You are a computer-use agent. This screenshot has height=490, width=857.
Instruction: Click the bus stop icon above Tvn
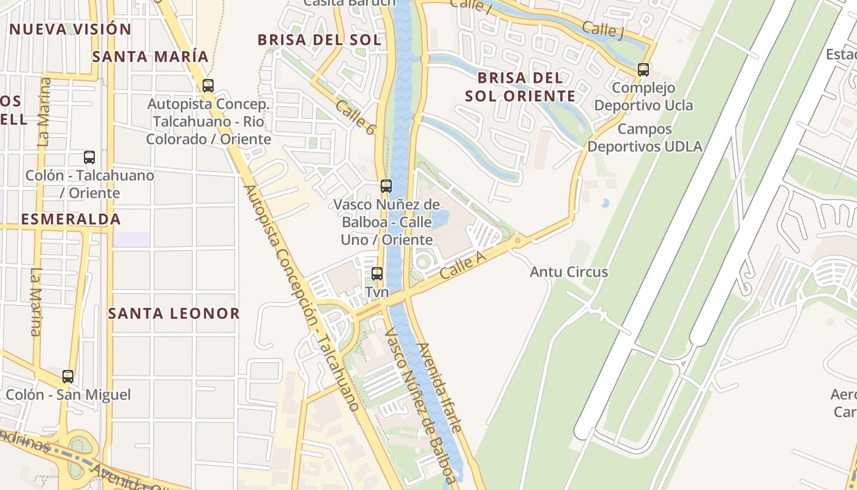coord(377,274)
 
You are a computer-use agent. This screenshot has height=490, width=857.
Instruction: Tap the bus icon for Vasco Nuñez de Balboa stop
coord(386,186)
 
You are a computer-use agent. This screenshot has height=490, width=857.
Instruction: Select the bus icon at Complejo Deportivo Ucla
coord(643,69)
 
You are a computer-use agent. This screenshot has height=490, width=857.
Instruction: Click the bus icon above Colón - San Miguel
coord(68,376)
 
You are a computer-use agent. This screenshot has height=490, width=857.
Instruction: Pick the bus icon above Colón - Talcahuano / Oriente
coord(89,157)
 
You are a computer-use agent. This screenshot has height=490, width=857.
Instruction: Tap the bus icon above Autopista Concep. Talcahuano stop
coord(208,86)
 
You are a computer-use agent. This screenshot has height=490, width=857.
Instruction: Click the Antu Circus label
coord(569,272)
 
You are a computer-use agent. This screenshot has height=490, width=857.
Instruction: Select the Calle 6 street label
coord(354,117)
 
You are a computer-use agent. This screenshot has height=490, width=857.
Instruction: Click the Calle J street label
coord(602,29)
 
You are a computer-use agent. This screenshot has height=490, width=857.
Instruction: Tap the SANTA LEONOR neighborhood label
coord(174,314)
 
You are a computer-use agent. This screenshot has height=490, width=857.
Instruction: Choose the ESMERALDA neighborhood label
coord(71,219)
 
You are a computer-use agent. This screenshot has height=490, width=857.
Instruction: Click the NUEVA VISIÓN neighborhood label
coord(70,29)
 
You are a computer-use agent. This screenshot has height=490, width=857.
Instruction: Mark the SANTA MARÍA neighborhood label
coord(151,57)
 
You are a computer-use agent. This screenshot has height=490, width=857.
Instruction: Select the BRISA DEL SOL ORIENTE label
coord(520,87)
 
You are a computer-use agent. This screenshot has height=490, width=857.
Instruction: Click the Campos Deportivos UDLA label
coord(645,138)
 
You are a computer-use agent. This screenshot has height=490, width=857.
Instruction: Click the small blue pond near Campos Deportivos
coord(605,203)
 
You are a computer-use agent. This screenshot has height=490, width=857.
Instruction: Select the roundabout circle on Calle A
coord(518,241)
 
